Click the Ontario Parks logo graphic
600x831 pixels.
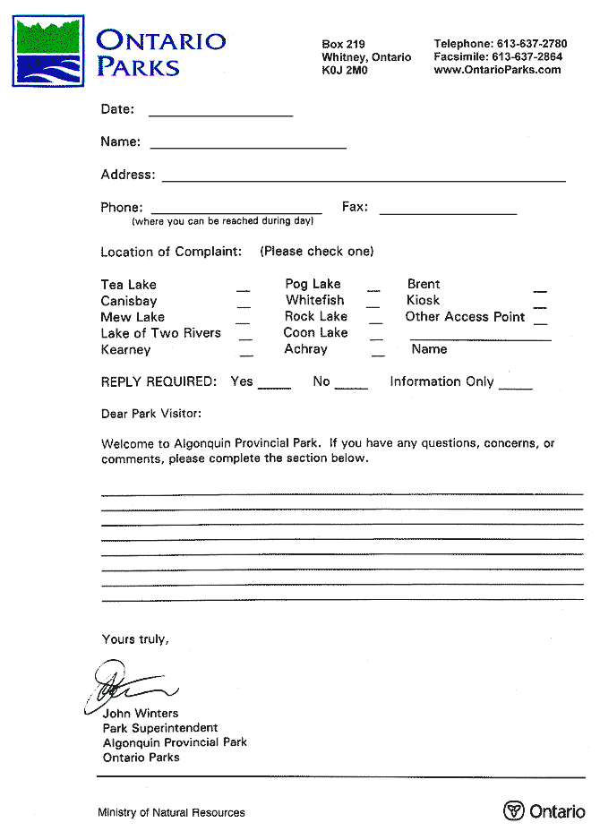(49, 50)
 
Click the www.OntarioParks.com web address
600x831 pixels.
(497, 70)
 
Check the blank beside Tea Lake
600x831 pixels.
(243, 289)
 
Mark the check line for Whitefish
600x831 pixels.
(373, 305)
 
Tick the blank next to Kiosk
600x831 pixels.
(540, 305)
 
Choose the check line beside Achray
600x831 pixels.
(377, 354)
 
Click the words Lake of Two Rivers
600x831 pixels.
(160, 333)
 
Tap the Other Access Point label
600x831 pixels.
(465, 316)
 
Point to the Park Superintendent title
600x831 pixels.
(160, 728)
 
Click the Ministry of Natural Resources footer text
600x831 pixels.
(171, 813)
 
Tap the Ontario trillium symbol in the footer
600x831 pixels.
(513, 811)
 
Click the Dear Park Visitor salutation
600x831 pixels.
(151, 414)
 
